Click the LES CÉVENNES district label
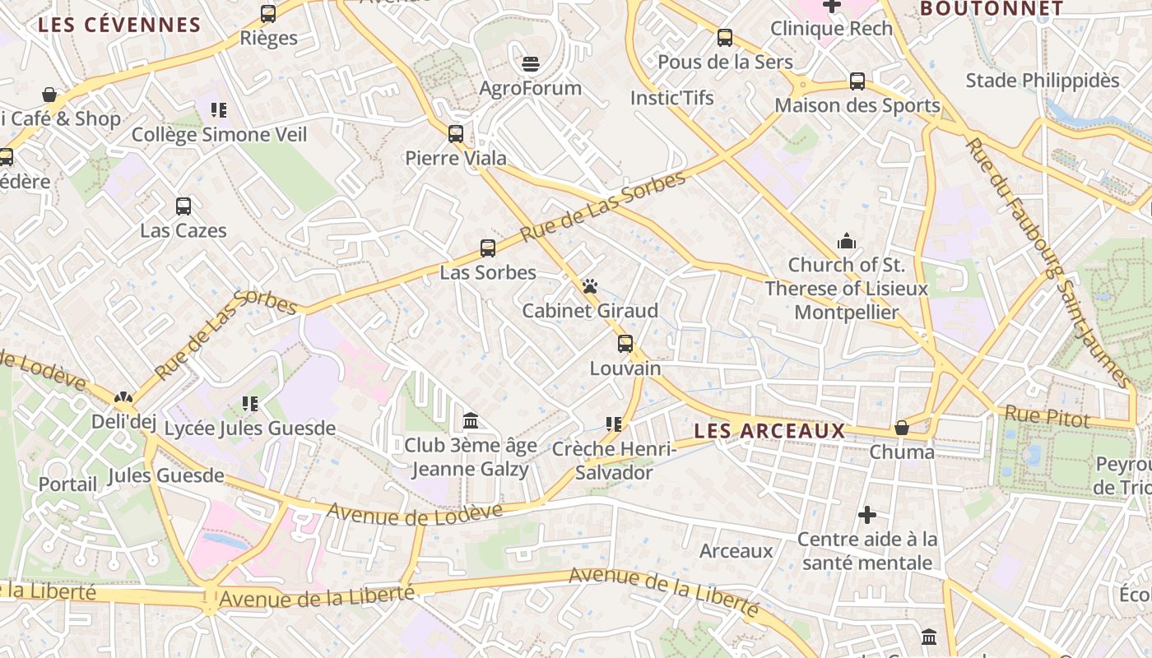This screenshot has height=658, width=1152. click(x=119, y=25)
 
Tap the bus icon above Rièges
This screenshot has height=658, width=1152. click(x=268, y=14)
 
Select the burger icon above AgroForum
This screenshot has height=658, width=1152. click(x=531, y=64)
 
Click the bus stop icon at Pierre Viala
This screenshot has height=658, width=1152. click(x=456, y=134)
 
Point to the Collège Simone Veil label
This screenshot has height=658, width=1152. click(x=219, y=134)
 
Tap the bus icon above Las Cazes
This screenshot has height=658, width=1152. click(x=183, y=206)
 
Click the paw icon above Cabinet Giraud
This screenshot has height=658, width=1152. click(x=590, y=287)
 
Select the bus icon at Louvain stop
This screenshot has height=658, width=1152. click(x=625, y=344)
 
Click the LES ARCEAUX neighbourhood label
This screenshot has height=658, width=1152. click(x=769, y=431)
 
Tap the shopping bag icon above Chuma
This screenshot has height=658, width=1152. click(x=902, y=428)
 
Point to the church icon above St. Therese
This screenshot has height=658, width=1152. click(x=846, y=242)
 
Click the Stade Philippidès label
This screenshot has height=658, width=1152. click(x=1043, y=81)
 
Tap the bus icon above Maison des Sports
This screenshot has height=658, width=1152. click(x=857, y=81)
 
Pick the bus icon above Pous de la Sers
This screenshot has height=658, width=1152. click(x=725, y=38)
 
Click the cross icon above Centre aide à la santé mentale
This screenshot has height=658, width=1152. click(x=867, y=516)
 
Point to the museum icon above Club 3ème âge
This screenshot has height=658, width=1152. click(x=471, y=421)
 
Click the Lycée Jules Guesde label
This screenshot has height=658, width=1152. click(x=250, y=429)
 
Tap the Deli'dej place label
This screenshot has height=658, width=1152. click(x=123, y=423)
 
